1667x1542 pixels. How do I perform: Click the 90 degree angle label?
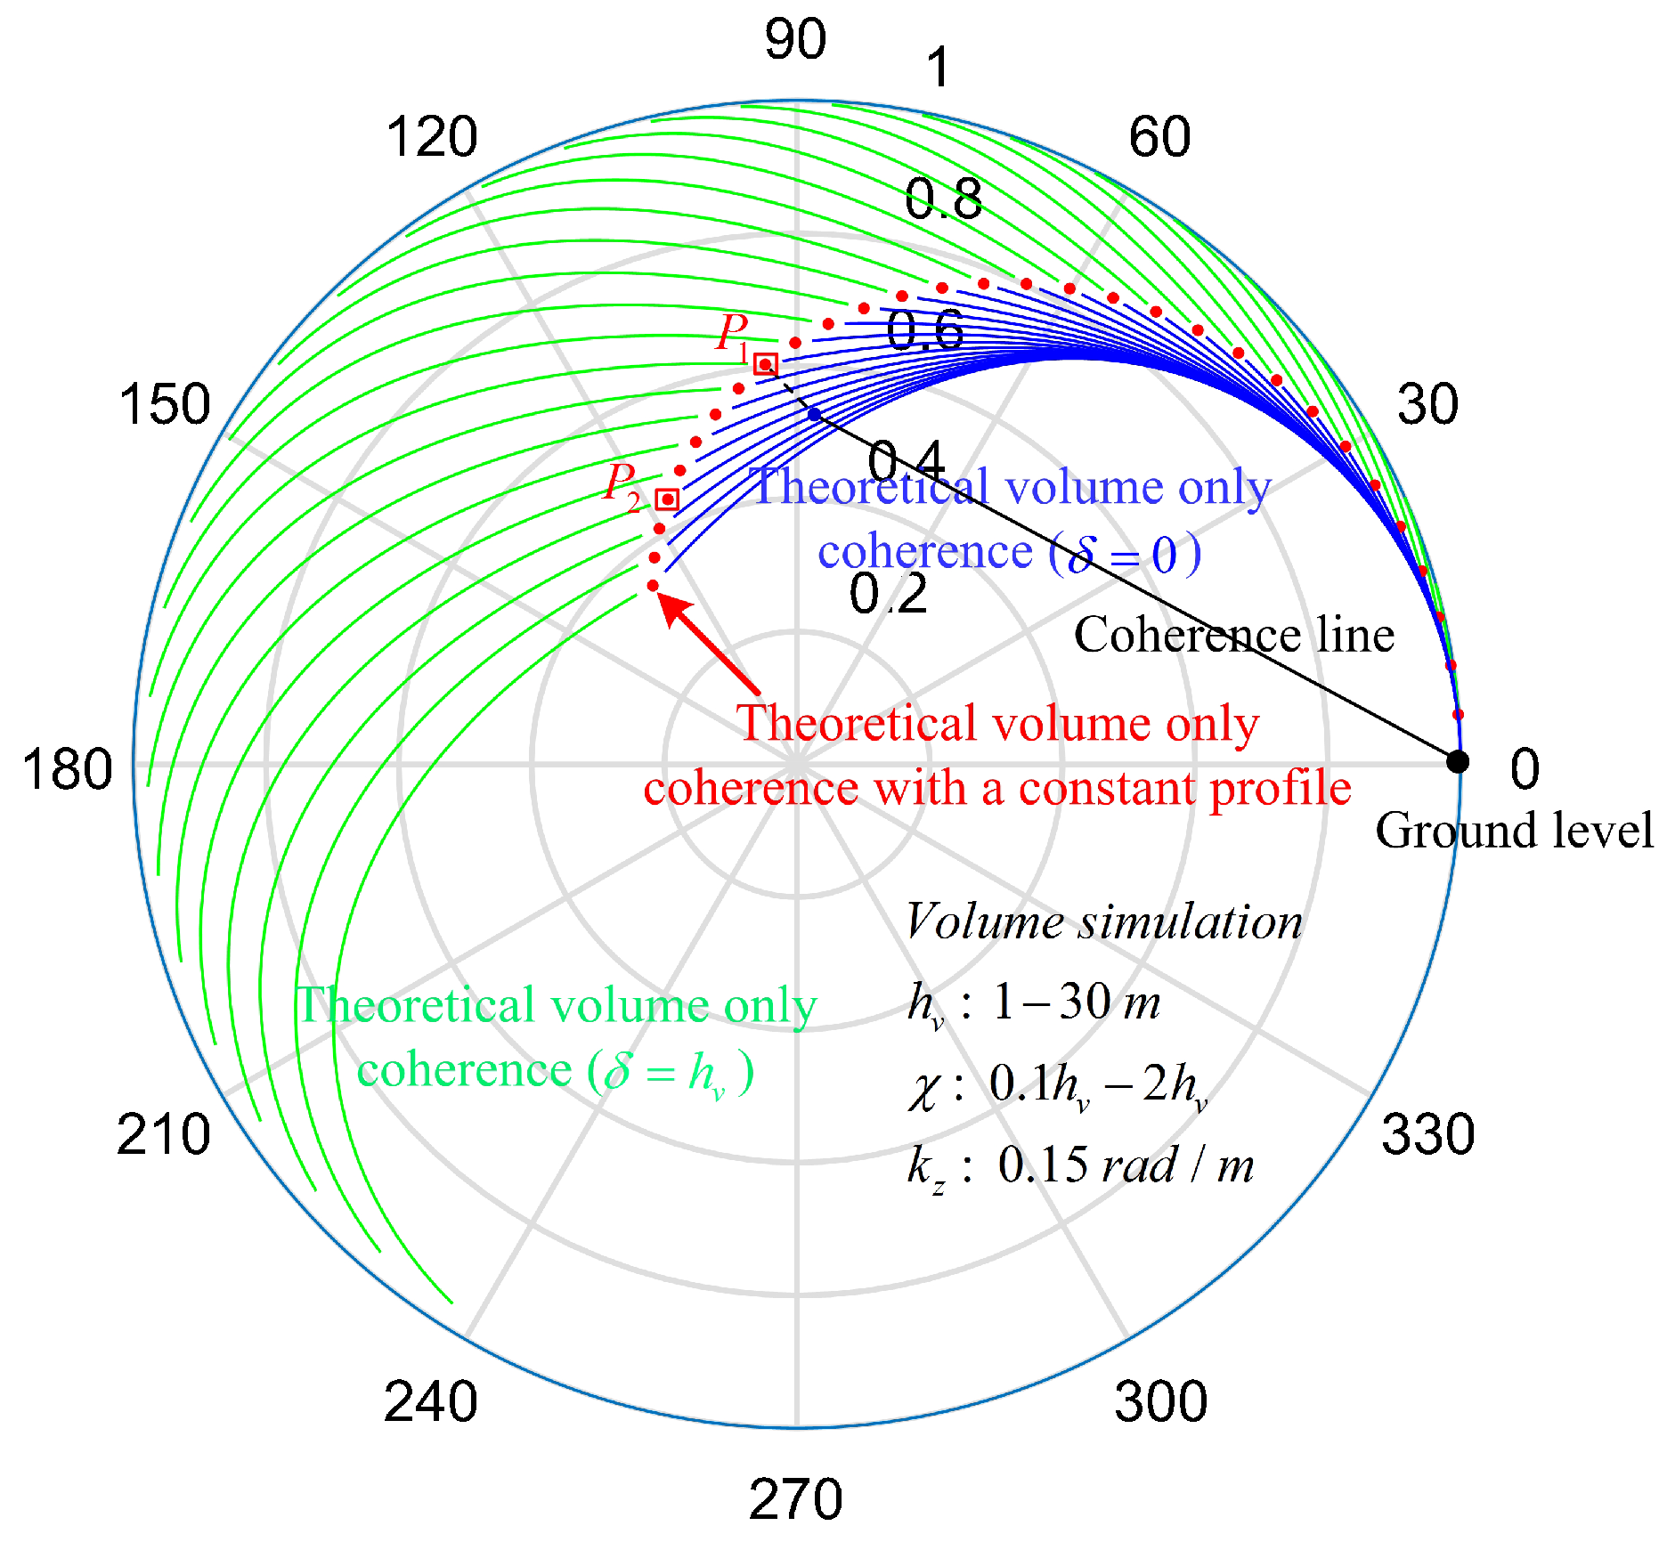point(795,40)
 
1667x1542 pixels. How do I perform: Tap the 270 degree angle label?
point(795,1499)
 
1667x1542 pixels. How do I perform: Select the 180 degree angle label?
point(68,770)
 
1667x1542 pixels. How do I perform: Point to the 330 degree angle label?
point(1427,1134)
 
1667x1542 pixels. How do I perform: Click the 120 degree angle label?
point(432,138)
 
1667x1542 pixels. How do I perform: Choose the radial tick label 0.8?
point(943,199)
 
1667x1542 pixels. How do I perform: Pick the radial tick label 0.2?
point(888,595)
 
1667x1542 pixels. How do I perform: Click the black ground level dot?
point(1457,762)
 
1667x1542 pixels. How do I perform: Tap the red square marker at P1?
point(766,364)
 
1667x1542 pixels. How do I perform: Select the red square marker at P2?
point(667,499)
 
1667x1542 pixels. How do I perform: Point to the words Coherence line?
point(1233,636)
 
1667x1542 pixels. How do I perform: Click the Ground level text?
point(1514,831)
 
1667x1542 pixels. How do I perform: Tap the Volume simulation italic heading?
point(1103,922)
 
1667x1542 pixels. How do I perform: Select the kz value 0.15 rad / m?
point(1126,1165)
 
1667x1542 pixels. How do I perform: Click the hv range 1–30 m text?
point(1076,1002)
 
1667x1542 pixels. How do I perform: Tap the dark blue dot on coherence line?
point(814,414)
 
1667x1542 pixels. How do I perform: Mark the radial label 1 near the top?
point(938,69)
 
